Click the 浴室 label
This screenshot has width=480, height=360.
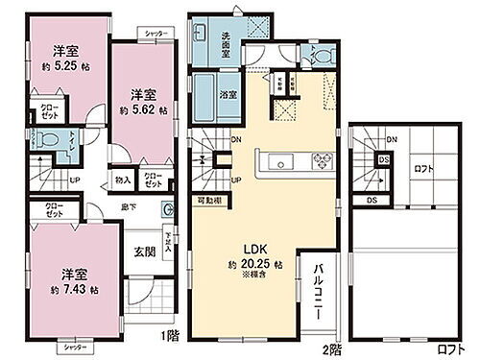(228, 95)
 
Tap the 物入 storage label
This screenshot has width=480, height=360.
(122, 179)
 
